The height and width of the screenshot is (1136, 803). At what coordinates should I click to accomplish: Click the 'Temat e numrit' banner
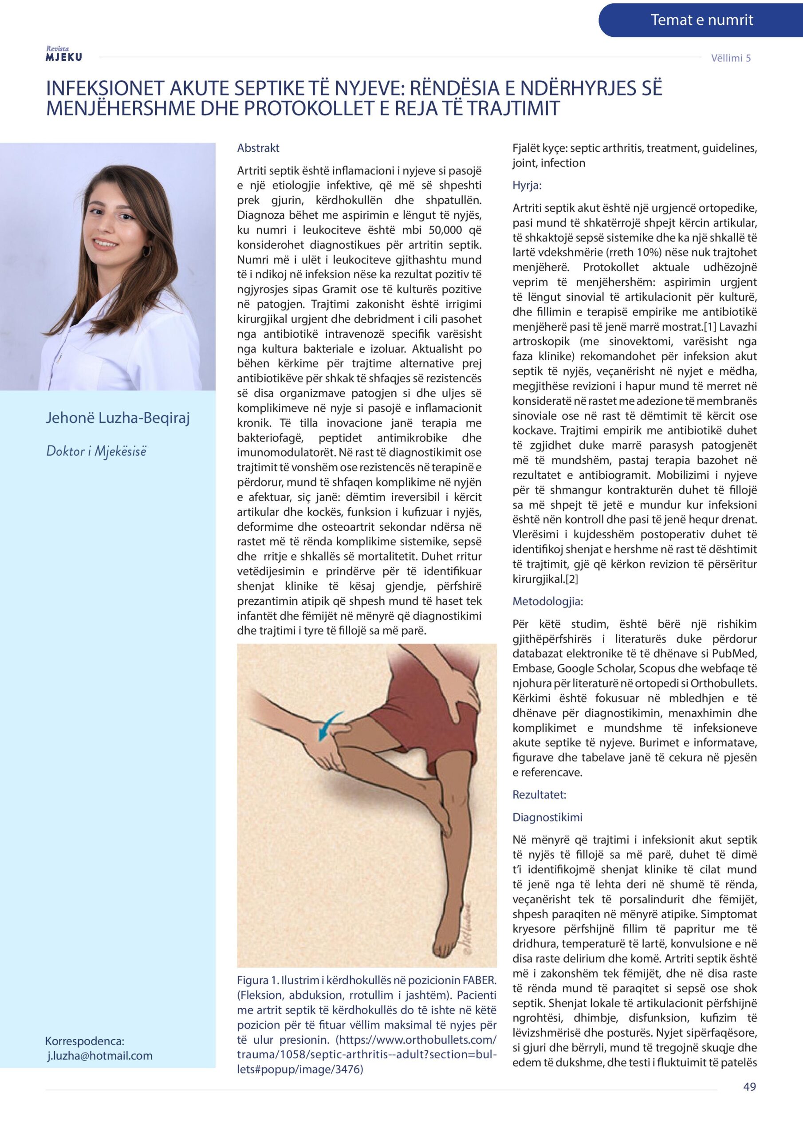[x=701, y=20]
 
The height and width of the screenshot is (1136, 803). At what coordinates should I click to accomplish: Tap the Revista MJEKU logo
[x=63, y=54]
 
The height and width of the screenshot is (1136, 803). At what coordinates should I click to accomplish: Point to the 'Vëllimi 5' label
[x=731, y=58]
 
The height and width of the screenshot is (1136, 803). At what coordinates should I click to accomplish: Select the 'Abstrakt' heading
[x=258, y=148]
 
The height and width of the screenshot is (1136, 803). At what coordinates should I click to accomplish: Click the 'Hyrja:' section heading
[x=527, y=185]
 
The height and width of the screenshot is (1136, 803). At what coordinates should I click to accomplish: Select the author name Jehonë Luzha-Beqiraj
[x=118, y=418]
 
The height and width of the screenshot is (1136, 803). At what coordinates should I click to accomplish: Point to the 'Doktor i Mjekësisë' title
[x=96, y=451]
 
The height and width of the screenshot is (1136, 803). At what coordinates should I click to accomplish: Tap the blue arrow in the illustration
[x=329, y=724]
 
